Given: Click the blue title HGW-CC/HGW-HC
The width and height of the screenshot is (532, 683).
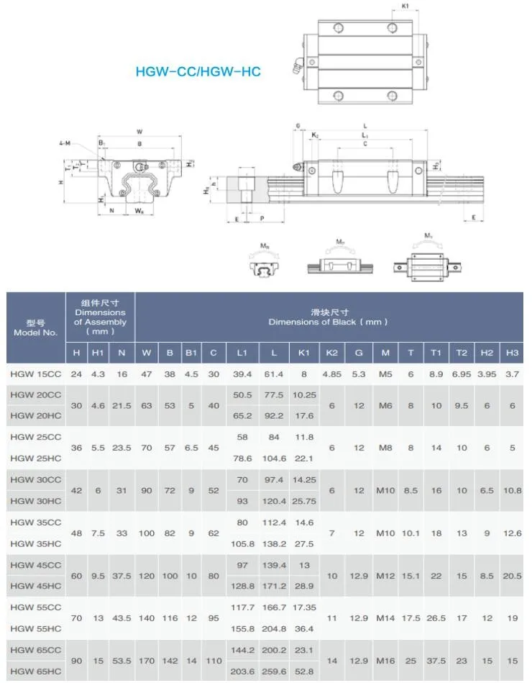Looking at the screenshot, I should click(x=198, y=72).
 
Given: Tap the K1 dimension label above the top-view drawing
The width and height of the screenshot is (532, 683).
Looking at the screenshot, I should click(x=405, y=7).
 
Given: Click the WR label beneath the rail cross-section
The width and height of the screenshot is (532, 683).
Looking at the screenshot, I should click(x=139, y=211).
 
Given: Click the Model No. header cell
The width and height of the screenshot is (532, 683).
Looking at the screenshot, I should click(x=35, y=327).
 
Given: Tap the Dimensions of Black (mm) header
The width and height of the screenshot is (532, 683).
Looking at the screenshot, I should click(x=329, y=317).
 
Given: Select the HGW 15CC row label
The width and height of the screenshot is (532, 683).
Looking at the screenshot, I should click(x=36, y=374).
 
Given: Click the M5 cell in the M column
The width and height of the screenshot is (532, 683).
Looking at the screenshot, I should click(x=385, y=374).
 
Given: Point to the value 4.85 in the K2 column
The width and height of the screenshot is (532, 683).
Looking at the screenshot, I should click(x=331, y=374).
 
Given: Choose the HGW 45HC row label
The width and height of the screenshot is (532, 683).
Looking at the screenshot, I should click(x=36, y=586).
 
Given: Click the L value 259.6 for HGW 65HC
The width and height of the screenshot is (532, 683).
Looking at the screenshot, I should click(x=274, y=670).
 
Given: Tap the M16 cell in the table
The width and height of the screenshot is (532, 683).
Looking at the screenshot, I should click(x=385, y=660).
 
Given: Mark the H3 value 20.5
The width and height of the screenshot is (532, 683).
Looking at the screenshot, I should click(x=512, y=576).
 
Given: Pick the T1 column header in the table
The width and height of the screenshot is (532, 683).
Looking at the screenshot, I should click(x=436, y=353).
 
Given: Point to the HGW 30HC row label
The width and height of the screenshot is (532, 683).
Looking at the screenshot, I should click(x=36, y=500).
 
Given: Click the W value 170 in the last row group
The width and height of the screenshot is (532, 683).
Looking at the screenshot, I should click(x=147, y=660).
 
